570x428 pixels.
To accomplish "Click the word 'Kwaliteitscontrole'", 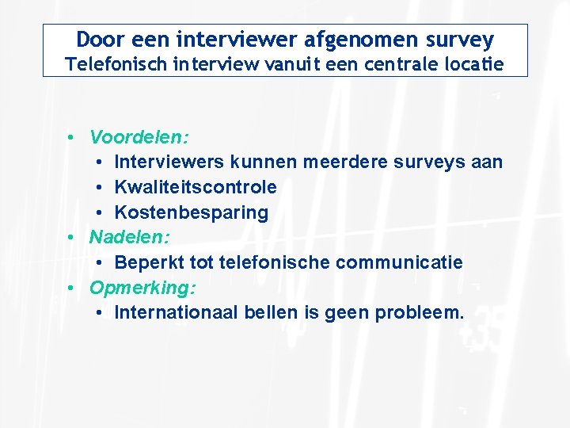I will (196, 187).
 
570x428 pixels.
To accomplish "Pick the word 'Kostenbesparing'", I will (192, 212).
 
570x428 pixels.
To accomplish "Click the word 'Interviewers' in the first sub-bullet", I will (170, 162).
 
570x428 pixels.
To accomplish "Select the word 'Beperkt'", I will (145, 262).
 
